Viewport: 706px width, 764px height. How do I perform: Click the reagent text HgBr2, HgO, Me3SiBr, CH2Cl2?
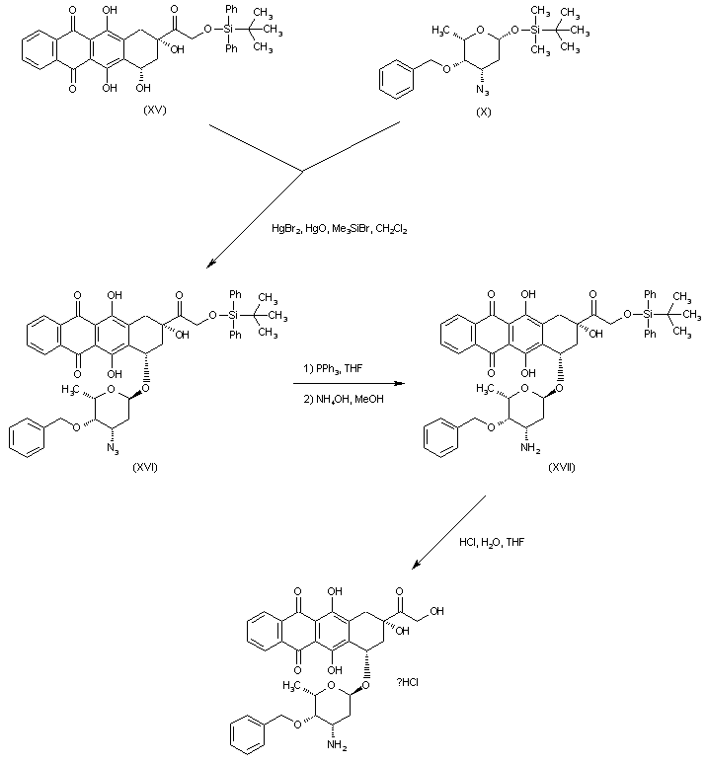[x=340, y=228]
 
